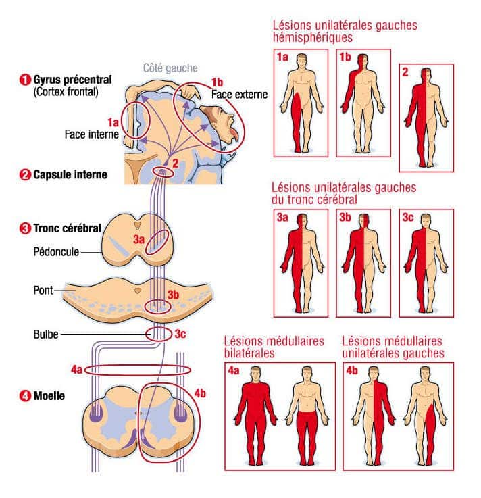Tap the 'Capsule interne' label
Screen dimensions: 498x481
point(70,175)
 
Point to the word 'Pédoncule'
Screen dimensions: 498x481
point(56,251)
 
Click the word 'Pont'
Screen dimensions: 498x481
point(43,291)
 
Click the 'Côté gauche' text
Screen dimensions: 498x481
point(170,68)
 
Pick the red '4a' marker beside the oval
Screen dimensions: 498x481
point(76,370)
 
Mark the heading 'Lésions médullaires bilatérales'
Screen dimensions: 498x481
point(273,347)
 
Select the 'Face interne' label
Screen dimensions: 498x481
point(92,134)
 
